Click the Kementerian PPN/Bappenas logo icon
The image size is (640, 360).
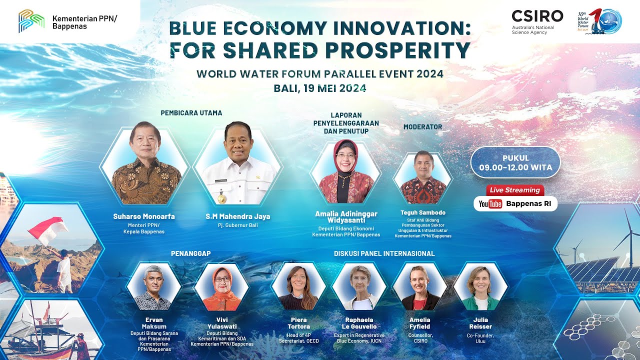(31, 21)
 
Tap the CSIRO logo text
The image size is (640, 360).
(537, 16)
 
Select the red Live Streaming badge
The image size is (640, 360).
(515, 190)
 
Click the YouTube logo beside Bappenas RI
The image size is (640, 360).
(490, 203)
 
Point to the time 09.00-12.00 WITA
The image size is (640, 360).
(515, 167)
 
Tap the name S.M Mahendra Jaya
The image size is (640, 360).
(237, 216)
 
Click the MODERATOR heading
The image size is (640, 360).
(422, 127)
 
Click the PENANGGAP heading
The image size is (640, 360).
(190, 253)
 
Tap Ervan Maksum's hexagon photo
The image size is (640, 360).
(153, 287)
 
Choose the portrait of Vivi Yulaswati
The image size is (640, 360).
(221, 287)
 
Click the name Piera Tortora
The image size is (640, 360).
(298, 323)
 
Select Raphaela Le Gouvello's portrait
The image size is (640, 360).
(359, 287)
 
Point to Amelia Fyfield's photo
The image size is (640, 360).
(419, 287)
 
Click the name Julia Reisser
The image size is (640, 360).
(480, 323)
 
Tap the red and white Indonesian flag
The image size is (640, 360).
(48, 229)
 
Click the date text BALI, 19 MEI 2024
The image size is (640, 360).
(320, 88)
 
